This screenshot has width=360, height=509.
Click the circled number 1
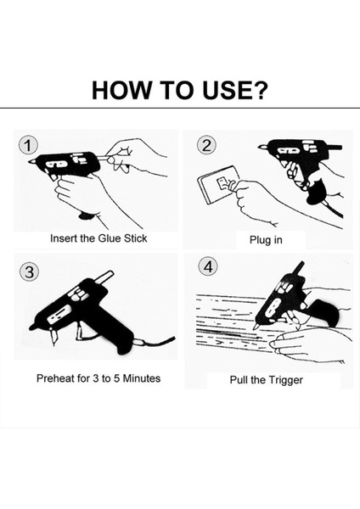click(28, 146)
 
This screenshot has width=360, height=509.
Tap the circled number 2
click(206, 145)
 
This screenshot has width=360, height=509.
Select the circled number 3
click(29, 271)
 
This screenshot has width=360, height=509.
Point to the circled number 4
click(208, 267)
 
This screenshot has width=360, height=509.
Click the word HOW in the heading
click(121, 90)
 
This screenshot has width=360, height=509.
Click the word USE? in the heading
click(235, 90)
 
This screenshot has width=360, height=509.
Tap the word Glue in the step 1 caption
click(110, 238)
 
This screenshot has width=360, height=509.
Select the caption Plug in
click(266, 240)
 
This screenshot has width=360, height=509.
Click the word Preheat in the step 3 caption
click(55, 378)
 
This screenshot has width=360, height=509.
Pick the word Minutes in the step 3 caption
click(141, 378)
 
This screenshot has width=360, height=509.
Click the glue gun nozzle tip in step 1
click(31, 161)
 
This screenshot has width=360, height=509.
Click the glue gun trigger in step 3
click(80, 331)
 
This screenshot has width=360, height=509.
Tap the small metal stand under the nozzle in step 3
click(53, 336)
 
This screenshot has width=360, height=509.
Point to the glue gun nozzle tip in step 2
click(262, 148)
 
